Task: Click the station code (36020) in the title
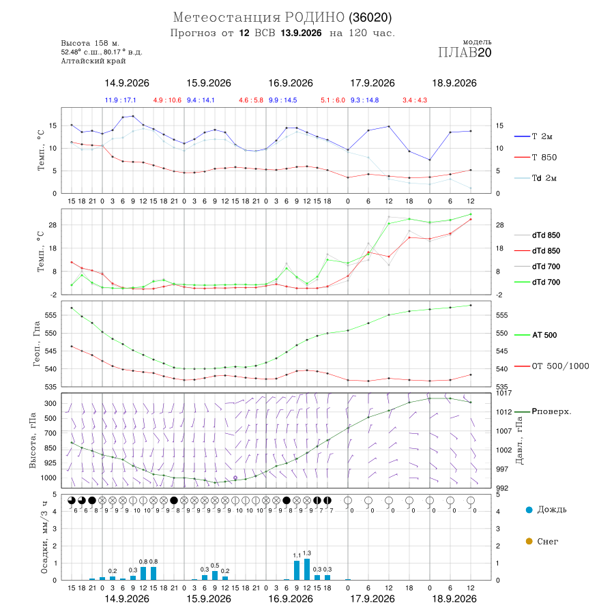point(370,17)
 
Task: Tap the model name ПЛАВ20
point(465,53)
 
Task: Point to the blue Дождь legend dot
point(529,510)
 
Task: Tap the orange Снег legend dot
point(529,541)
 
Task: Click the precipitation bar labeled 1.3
point(307,570)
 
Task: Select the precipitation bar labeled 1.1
point(297,570)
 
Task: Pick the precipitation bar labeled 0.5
point(215,576)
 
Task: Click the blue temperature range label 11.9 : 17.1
point(120,100)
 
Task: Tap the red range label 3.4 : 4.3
point(415,100)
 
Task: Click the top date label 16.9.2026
point(291,83)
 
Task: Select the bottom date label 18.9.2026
point(454,599)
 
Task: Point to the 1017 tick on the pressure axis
point(503,393)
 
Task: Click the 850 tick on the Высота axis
point(50,448)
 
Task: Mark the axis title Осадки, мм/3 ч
point(44,538)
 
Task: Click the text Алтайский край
point(93,61)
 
